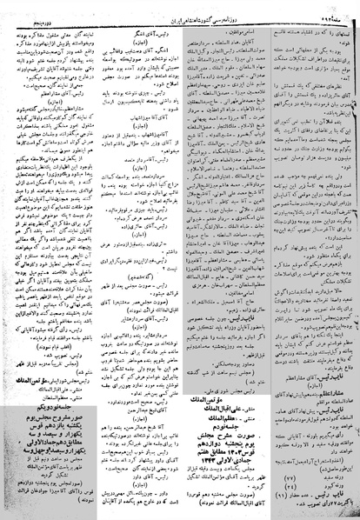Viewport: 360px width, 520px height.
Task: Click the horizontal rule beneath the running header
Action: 180,13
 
